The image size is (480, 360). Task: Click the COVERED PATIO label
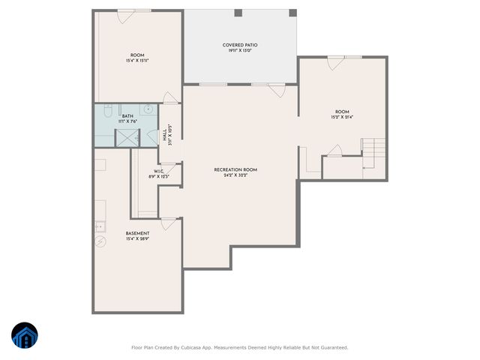pos(240,45)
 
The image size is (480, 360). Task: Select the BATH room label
pos(117,116)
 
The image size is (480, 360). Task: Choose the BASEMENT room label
pos(136,233)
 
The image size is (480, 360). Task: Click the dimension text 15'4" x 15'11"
pos(137,61)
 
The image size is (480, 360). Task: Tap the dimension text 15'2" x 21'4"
pos(342,116)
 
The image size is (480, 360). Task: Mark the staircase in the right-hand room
pos(372,154)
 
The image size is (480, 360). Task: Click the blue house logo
pos(24,337)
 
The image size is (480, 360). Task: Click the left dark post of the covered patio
pos(238,13)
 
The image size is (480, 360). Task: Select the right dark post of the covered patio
pos(292,13)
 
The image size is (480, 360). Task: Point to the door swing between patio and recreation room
pos(277,91)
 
